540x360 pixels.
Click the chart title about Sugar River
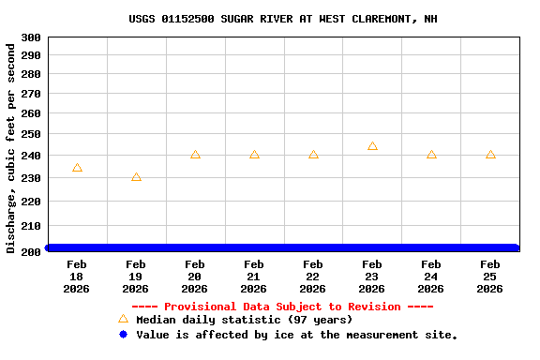click(x=282, y=19)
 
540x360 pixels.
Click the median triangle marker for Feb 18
click(x=77, y=168)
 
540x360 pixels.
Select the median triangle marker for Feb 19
click(x=136, y=177)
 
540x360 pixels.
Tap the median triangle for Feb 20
click(x=195, y=155)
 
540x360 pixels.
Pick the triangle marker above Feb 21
click(x=254, y=155)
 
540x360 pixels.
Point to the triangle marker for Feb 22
click(x=313, y=155)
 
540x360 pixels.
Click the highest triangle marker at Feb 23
click(x=372, y=146)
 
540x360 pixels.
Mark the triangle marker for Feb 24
click(x=431, y=155)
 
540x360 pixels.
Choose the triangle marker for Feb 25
click(x=490, y=155)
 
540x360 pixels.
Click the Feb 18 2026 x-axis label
click(x=77, y=277)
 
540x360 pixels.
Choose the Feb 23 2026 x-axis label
click(x=372, y=277)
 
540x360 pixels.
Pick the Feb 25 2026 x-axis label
click(x=490, y=277)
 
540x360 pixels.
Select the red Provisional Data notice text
click(x=282, y=307)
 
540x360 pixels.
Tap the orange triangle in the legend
click(x=123, y=319)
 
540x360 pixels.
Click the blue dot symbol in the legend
click(x=123, y=335)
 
